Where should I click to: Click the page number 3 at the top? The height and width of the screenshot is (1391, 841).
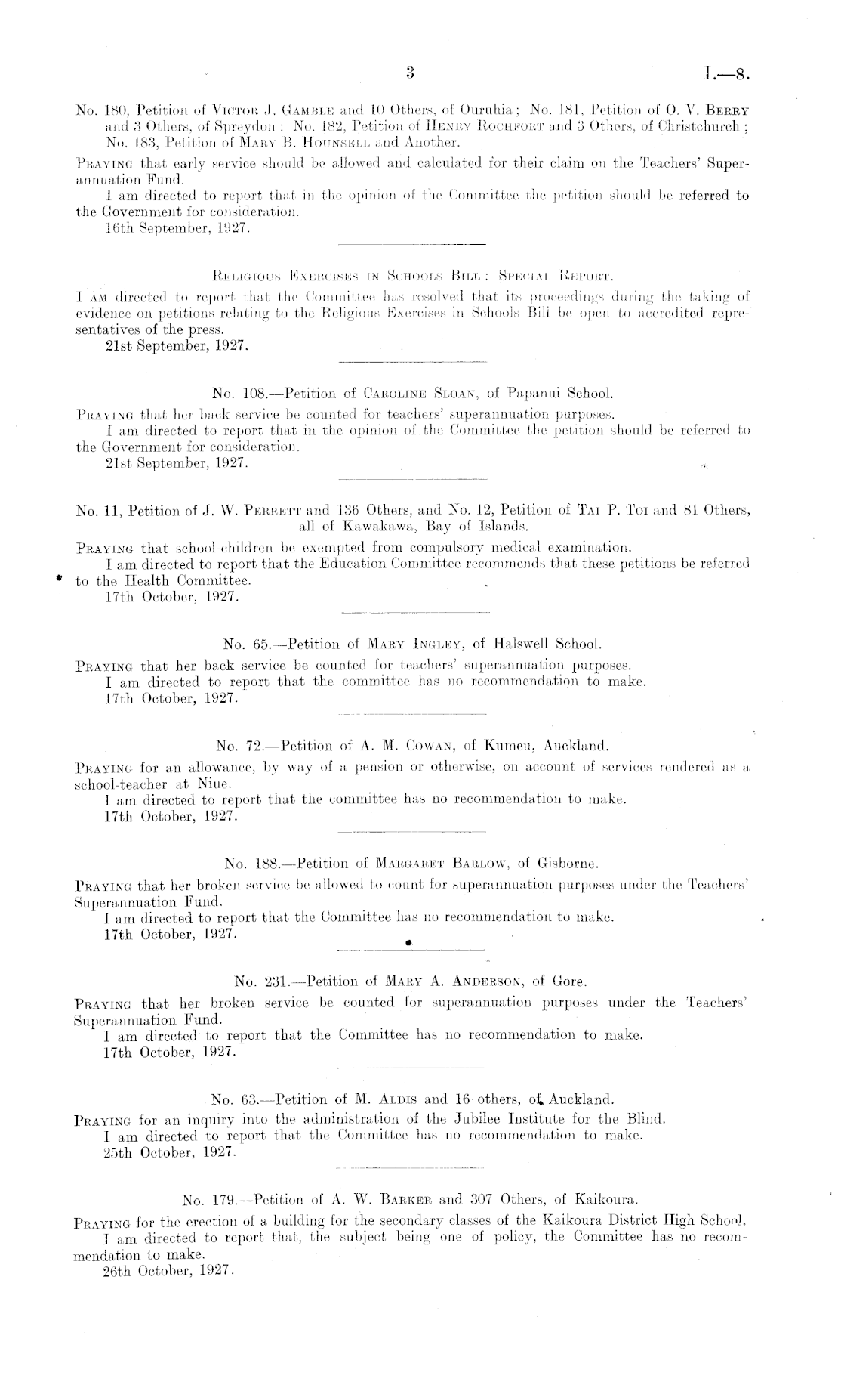pos(411,73)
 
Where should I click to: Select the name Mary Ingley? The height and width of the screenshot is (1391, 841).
pos(414,644)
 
